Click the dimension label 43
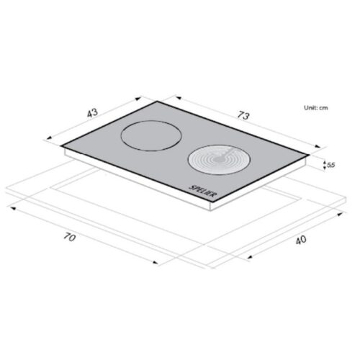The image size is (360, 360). (92, 113)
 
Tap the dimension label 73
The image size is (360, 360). (243, 115)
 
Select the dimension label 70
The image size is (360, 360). (70, 238)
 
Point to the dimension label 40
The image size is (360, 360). (301, 240)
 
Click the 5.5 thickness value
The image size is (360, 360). (330, 165)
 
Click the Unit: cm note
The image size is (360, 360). (316, 108)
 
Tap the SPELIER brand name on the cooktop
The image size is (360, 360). (202, 191)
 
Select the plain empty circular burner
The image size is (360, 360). (150, 135)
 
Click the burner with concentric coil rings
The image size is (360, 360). (219, 159)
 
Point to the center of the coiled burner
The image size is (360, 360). (219, 159)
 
